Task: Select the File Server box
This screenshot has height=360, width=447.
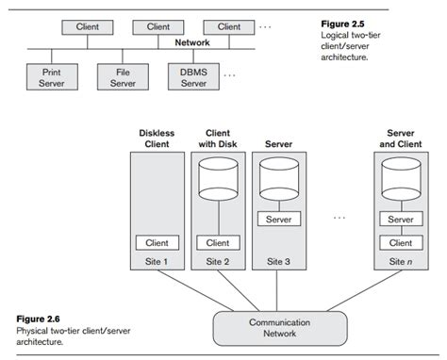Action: coord(123,76)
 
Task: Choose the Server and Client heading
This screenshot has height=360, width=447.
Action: coord(401,139)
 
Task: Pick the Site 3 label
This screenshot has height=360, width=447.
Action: coord(278,261)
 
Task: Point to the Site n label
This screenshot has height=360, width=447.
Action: coord(401,261)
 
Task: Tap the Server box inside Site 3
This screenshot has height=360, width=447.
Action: coord(278,220)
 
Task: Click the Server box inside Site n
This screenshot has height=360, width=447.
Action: coord(401,220)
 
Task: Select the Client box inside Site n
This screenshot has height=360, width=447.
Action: coord(401,243)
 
